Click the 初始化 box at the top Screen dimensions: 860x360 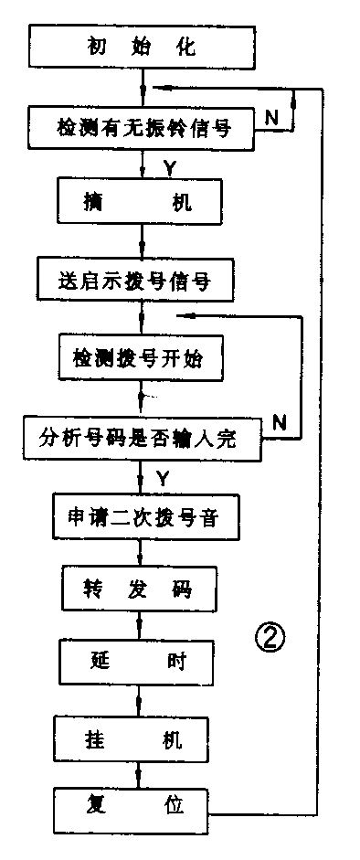(x=141, y=47)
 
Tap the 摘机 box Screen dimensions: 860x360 (x=141, y=203)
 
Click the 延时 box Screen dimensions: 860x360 (x=141, y=659)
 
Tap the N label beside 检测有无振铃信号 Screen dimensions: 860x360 (x=271, y=118)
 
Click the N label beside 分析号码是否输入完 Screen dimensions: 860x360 (x=281, y=420)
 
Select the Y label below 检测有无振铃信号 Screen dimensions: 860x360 (x=170, y=165)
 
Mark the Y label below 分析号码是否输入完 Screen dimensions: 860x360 (x=163, y=476)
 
